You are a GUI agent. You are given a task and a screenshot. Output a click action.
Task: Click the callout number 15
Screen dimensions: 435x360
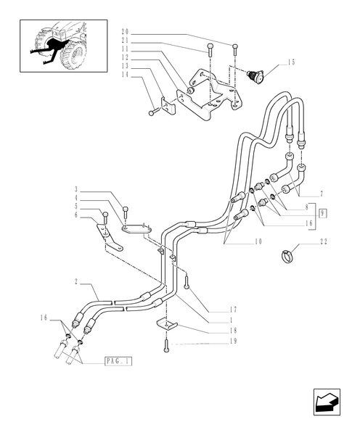[x=291, y=62]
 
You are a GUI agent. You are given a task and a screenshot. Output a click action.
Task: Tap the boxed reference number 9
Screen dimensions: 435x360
[x=321, y=212]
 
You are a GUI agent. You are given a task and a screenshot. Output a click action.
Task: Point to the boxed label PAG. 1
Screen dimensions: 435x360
[x=118, y=360]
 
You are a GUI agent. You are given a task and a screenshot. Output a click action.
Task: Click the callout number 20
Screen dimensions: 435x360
[x=125, y=33]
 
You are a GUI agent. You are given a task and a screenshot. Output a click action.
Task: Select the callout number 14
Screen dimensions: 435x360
[x=125, y=75]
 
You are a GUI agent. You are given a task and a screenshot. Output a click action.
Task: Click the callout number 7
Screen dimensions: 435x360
[x=321, y=195]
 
